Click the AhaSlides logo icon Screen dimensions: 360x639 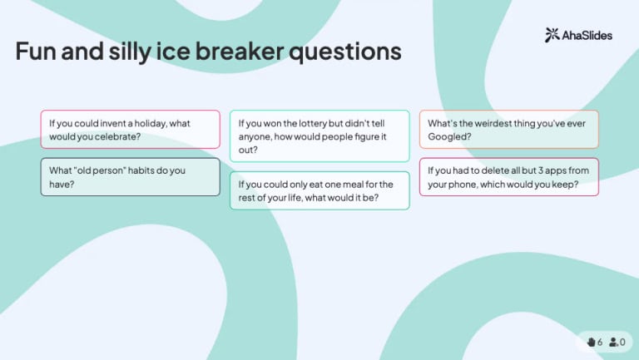point(552,35)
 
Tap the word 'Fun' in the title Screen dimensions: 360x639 point(36,52)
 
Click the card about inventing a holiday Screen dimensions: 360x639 point(130,130)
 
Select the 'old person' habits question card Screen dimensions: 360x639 point(130,177)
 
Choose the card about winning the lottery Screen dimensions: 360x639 point(319,136)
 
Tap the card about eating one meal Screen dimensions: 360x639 point(319,191)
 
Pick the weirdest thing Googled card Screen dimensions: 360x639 point(508,130)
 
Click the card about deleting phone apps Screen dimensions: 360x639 point(508,177)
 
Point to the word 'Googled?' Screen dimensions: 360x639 point(450,136)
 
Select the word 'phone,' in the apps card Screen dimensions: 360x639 point(480,185)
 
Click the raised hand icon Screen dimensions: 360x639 point(591,342)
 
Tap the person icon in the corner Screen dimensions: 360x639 point(613,342)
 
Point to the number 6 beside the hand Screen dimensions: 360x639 point(600,342)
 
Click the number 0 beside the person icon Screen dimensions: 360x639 point(622,342)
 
